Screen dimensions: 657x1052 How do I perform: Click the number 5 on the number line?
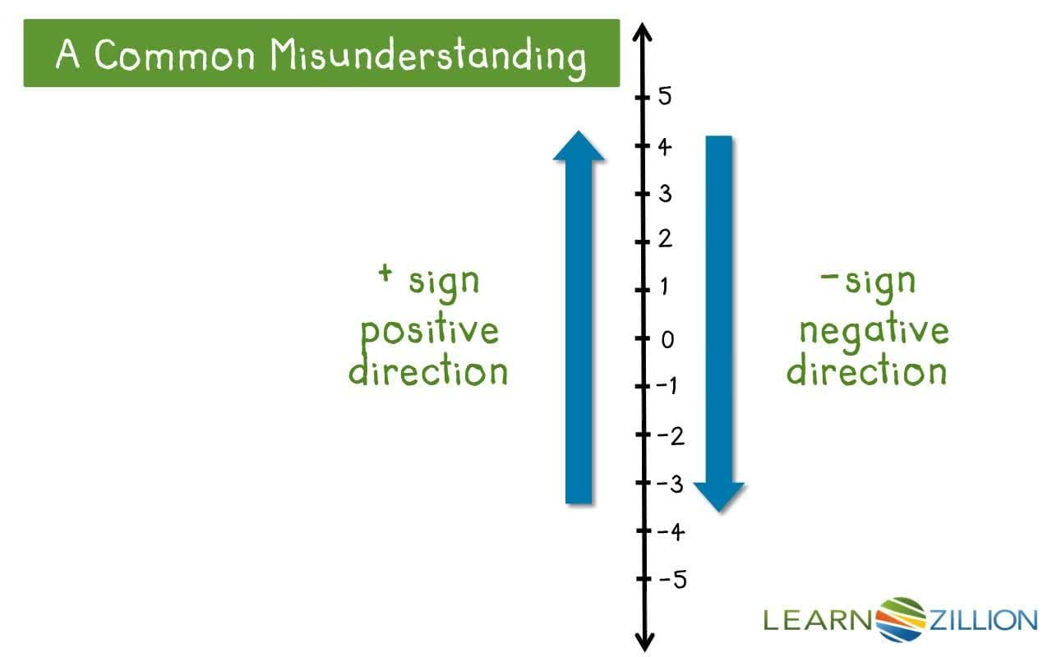pyautogui.click(x=665, y=97)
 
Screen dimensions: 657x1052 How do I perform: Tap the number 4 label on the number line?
pyautogui.click(x=664, y=147)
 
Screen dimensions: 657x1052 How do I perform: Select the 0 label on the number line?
pyautogui.click(x=667, y=339)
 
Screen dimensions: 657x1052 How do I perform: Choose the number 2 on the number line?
pyautogui.click(x=665, y=240)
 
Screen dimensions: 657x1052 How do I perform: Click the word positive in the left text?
pyautogui.click(x=430, y=332)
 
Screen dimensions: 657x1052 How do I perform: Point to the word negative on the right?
pyautogui.click(x=874, y=332)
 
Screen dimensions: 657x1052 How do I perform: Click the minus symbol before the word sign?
pyautogui.click(x=828, y=274)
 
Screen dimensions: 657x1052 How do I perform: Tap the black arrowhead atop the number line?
pyautogui.click(x=644, y=34)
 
